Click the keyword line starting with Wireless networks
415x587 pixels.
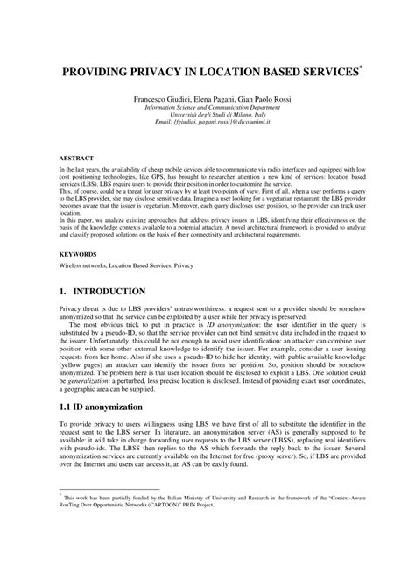[126, 264]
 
